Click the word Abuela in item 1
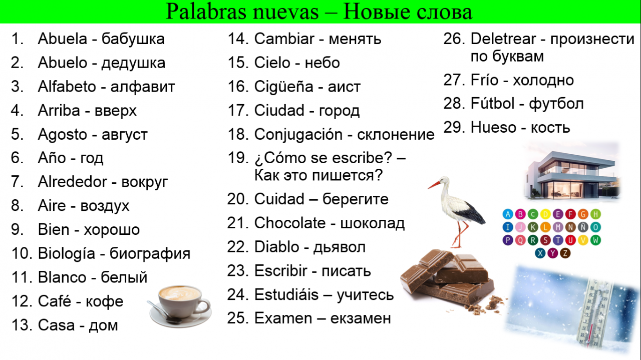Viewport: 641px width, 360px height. [x=63, y=39]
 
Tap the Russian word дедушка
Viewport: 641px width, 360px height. [x=133, y=64]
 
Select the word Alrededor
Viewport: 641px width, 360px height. [x=73, y=182]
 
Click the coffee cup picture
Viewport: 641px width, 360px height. [x=180, y=306]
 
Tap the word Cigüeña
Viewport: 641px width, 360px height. [x=283, y=87]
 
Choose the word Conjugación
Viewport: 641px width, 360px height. [x=298, y=135]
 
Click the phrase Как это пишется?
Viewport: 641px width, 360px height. [x=318, y=175]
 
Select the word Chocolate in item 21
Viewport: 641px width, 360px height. [x=290, y=223]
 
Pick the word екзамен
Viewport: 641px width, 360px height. [x=361, y=318]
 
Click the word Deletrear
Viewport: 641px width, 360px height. [x=503, y=39]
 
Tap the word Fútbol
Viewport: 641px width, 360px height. [x=492, y=103]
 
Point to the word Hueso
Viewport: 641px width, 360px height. [x=493, y=127]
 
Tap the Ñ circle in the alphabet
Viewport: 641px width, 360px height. [x=582, y=227]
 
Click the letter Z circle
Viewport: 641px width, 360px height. [x=565, y=253]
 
